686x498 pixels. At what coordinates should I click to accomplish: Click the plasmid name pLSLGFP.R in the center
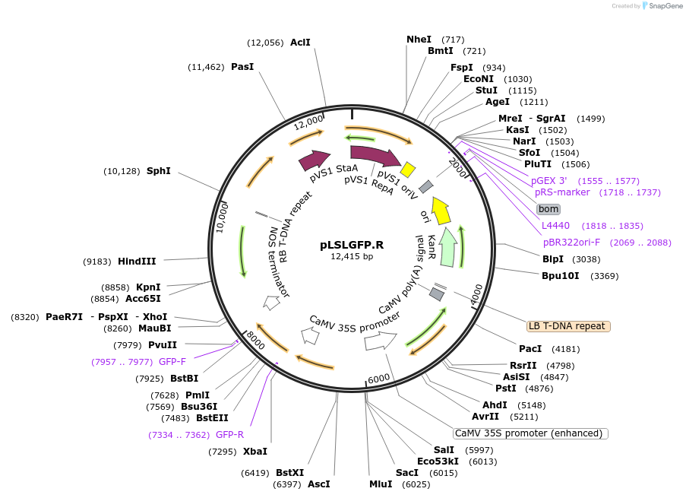click(352, 245)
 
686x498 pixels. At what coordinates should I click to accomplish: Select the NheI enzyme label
click(419, 39)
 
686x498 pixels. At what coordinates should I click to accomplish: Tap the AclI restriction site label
click(300, 43)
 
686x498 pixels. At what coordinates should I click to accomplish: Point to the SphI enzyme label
click(158, 171)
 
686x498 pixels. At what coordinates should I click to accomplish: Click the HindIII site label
click(137, 261)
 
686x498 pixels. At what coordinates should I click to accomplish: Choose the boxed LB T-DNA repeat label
click(568, 326)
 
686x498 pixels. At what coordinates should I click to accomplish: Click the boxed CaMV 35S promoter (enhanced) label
click(530, 433)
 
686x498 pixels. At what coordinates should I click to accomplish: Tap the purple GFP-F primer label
click(172, 361)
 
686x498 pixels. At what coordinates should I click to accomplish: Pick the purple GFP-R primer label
click(229, 435)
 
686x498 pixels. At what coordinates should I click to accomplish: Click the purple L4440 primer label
click(555, 226)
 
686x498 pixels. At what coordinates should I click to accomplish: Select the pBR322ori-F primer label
click(571, 243)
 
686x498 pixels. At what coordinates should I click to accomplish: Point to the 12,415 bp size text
click(352, 256)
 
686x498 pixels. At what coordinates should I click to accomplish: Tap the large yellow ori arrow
click(441, 210)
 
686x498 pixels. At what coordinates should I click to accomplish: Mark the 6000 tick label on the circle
click(378, 379)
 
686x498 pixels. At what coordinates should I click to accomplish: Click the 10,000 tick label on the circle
click(221, 217)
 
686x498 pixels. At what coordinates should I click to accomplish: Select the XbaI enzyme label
click(254, 452)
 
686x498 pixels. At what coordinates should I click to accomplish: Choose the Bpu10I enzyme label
click(560, 275)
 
